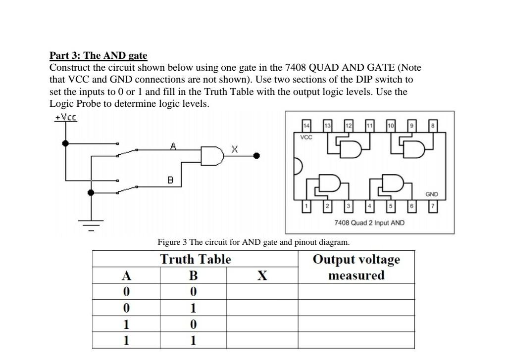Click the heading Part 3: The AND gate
pyautogui.click(x=98, y=55)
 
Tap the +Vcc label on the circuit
pyautogui.click(x=65, y=117)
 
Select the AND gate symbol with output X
pyautogui.click(x=211, y=155)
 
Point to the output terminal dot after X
pyautogui.click(x=256, y=155)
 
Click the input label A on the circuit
pyautogui.click(x=173, y=146)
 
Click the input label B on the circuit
pyautogui.click(x=170, y=180)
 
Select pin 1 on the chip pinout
pyautogui.click(x=306, y=205)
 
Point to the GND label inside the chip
pyautogui.click(x=432, y=195)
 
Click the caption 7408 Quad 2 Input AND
pyautogui.click(x=369, y=223)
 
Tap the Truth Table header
pyautogui.click(x=196, y=259)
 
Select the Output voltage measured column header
pyautogui.click(x=356, y=267)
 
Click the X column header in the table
pyautogui.click(x=262, y=275)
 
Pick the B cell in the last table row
pyautogui.click(x=193, y=340)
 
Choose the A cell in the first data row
pyautogui.click(x=126, y=292)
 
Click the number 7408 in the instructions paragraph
pyautogui.click(x=299, y=67)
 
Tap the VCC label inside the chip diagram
pyautogui.click(x=306, y=137)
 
